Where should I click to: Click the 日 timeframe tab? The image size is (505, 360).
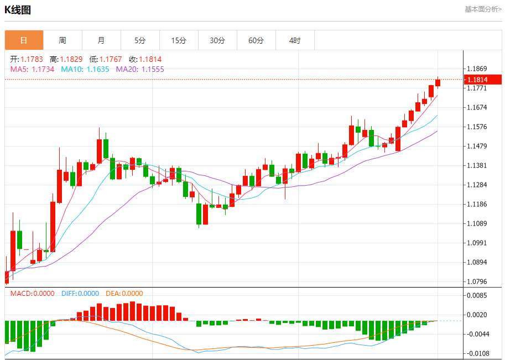(24, 40)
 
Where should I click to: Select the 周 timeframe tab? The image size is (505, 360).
(63, 40)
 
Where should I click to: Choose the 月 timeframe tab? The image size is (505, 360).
(101, 40)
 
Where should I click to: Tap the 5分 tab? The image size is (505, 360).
(140, 40)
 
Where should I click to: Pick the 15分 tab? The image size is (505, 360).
(179, 40)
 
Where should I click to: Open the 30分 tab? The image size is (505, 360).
(217, 40)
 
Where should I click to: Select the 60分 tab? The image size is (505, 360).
(256, 40)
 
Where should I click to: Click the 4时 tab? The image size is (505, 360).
(295, 40)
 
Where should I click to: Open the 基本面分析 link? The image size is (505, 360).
(483, 9)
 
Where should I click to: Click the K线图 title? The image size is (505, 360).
(18, 10)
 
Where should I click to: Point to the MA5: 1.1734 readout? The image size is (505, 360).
(33, 69)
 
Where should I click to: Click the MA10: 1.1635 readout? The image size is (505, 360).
(85, 69)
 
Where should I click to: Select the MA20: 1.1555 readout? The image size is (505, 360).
(140, 69)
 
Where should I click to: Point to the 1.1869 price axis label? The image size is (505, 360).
(477, 69)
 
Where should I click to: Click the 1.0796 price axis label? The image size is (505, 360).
(477, 281)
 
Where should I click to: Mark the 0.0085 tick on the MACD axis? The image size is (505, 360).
(477, 295)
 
